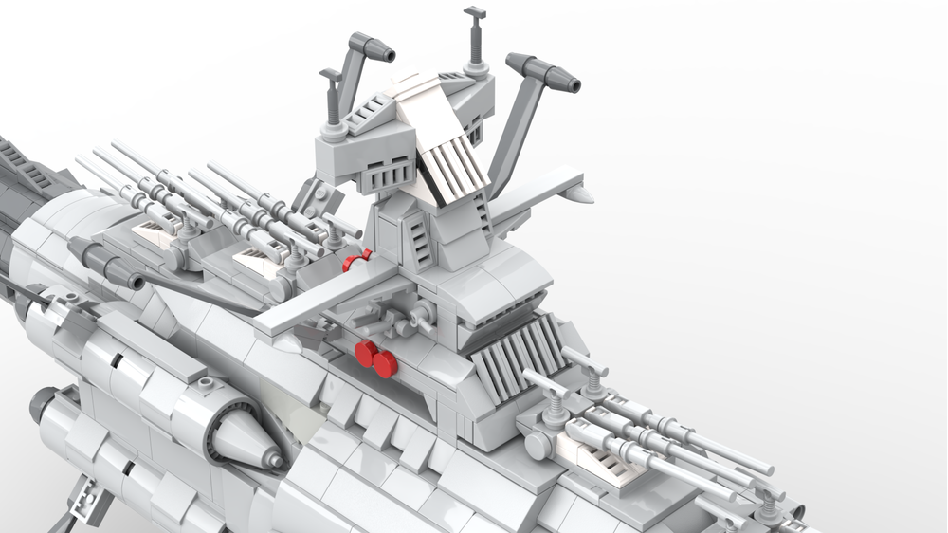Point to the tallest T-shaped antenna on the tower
pyautogui.click(x=474, y=38)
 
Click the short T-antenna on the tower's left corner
pyautogui.click(x=331, y=95)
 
